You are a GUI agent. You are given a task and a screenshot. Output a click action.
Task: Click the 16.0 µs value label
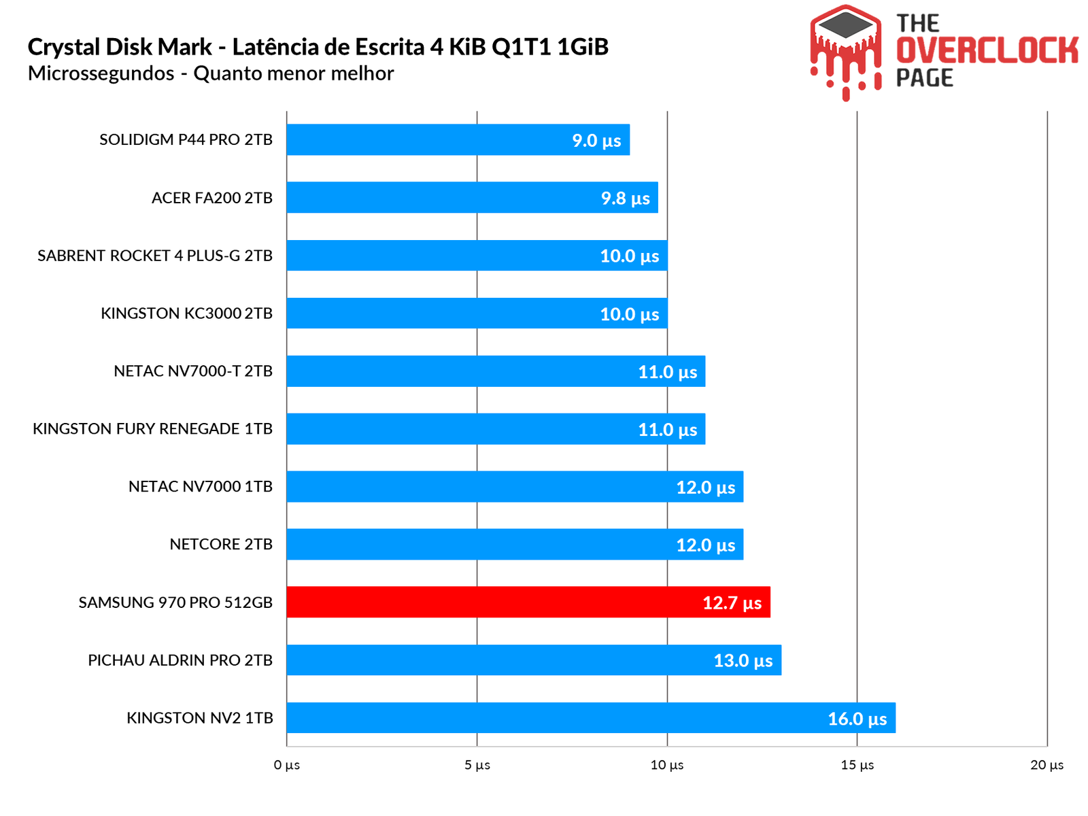click(857, 719)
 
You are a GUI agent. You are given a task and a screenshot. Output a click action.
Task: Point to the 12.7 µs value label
click(732, 603)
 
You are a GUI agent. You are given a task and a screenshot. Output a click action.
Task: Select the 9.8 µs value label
click(625, 199)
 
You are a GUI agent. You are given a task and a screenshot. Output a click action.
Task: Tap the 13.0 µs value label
click(743, 661)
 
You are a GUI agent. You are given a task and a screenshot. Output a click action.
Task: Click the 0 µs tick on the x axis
click(286, 765)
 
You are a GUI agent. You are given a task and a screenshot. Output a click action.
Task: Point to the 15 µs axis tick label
click(857, 765)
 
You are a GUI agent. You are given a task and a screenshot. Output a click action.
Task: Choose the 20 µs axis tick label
click(1047, 765)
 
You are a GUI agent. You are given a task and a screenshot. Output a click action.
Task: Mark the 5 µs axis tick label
click(477, 765)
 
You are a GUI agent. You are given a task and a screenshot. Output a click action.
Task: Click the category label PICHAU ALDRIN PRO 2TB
click(180, 660)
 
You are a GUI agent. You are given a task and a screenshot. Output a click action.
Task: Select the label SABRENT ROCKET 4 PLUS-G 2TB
click(155, 256)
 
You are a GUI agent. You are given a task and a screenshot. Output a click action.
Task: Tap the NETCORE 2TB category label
click(221, 545)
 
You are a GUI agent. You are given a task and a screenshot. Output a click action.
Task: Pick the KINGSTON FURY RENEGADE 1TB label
click(152, 429)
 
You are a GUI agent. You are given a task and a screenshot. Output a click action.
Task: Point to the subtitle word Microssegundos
click(101, 73)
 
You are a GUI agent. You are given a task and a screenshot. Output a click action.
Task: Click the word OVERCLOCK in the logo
click(987, 50)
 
